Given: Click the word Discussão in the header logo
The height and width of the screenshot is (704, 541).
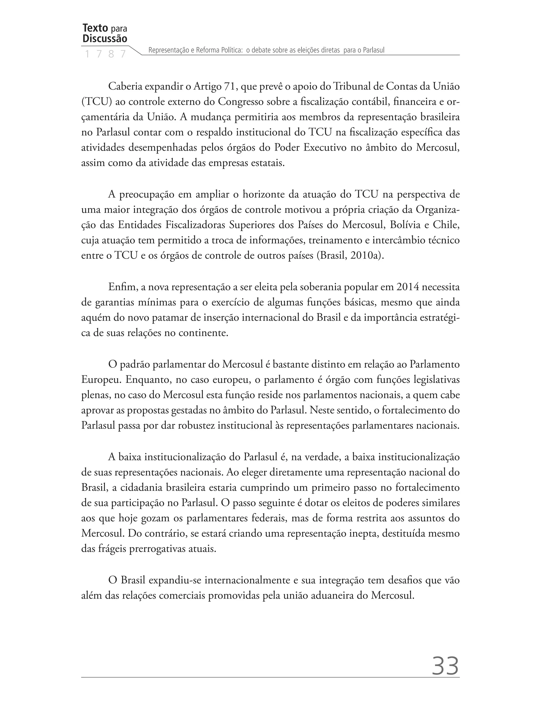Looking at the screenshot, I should [x=105, y=39].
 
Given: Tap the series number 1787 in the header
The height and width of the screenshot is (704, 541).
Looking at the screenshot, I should [x=105, y=54].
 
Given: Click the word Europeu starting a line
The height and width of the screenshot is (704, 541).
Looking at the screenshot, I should [x=101, y=380].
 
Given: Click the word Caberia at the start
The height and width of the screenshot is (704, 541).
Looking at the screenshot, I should [x=125, y=86].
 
